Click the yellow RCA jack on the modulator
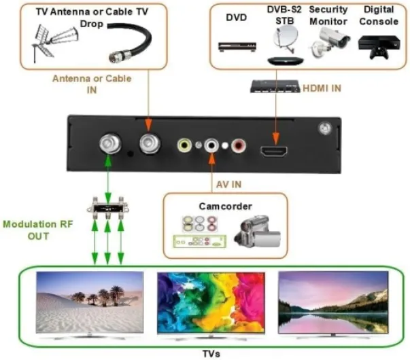(x=184, y=145)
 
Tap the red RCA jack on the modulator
(x=237, y=145)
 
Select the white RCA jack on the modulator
(x=212, y=145)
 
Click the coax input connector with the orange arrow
(x=148, y=143)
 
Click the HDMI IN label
(x=322, y=86)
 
